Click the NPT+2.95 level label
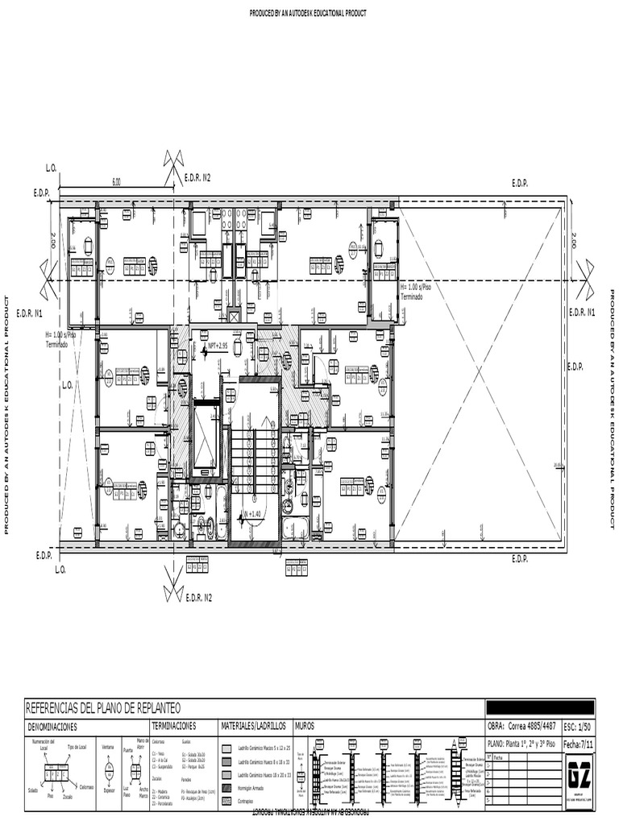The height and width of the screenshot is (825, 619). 223,346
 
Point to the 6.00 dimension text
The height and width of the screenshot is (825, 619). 116,182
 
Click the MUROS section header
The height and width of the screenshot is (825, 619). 305,726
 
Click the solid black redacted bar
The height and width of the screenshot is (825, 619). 540,707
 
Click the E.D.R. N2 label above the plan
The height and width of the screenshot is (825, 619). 197,177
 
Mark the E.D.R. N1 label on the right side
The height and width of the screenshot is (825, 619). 581,312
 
